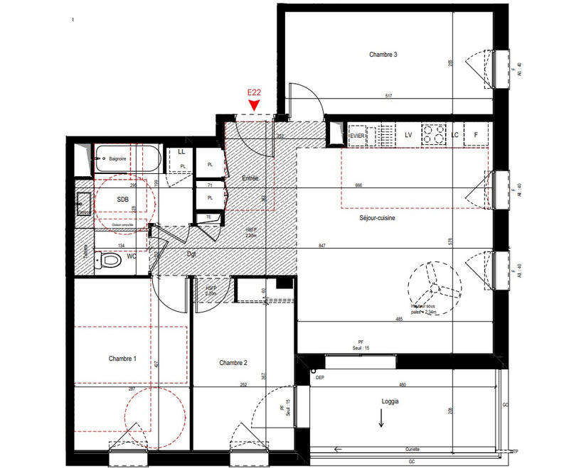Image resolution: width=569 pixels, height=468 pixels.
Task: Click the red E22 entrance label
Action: coord(252,92)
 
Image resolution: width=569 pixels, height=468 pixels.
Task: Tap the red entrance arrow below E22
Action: coord(253,105)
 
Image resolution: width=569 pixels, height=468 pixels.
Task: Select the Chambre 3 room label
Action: coord(383,55)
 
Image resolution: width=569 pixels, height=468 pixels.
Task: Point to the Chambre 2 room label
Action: coord(233,362)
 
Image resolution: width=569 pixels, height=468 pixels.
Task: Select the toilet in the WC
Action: coord(109,261)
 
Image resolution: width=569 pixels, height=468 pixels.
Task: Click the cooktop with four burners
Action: coord(432,134)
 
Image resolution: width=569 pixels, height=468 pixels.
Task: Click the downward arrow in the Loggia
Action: coord(381,422)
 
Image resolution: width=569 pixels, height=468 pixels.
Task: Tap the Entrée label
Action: coord(249,178)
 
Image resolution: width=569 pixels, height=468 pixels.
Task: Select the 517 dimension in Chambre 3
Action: coord(389,96)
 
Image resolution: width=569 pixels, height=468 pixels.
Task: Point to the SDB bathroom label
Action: coord(123,200)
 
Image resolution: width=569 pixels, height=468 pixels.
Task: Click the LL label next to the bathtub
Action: coord(181,151)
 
